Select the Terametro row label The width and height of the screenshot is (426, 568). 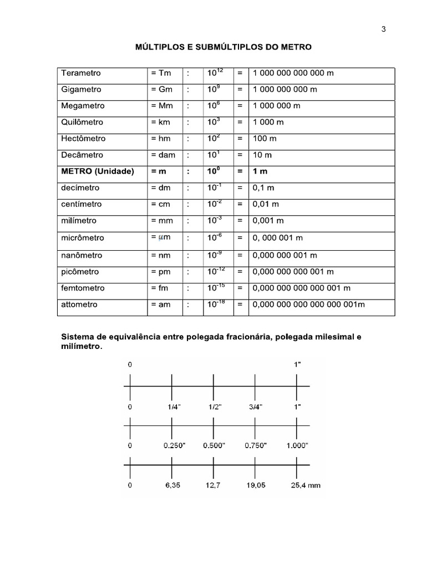coord(81,73)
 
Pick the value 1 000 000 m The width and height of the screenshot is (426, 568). coord(276,106)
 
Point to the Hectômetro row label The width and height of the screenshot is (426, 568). coord(83,139)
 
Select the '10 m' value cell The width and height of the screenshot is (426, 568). coord(262,155)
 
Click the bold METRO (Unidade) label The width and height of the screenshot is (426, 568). coord(98,171)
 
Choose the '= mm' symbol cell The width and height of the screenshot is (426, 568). coord(162,221)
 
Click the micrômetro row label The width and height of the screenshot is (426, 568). coord(83,238)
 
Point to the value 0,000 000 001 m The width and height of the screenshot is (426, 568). coord(285,256)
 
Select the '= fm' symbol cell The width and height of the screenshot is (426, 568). coord(160,288)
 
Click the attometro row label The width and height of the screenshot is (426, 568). coord(79,305)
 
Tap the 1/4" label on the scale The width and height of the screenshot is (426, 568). coord(174,407)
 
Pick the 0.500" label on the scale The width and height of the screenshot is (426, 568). coord(214,445)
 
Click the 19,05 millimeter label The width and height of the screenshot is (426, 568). coord(255,485)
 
